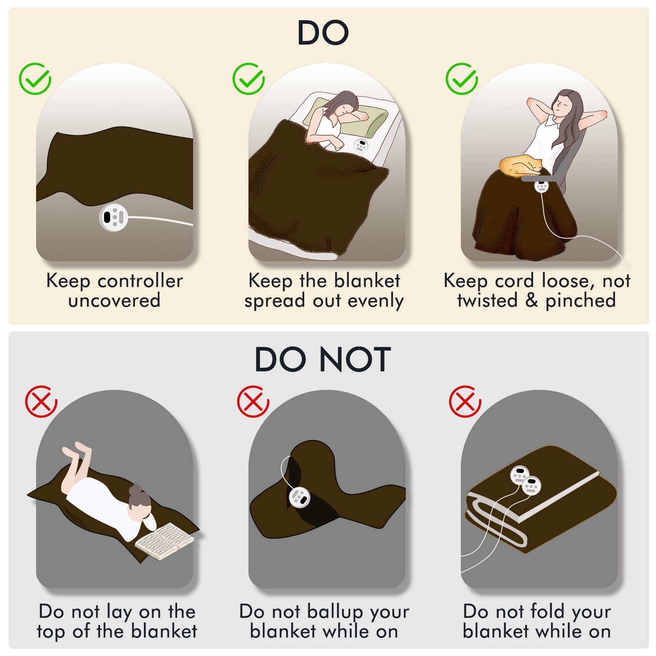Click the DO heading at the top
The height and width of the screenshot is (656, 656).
coord(323,33)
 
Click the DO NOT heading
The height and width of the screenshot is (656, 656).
coord(323,360)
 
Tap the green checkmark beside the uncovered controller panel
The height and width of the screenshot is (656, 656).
coord(35,79)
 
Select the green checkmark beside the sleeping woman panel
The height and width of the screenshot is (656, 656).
coord(248,79)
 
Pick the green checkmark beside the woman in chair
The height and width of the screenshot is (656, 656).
coord(462,79)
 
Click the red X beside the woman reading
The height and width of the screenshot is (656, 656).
coord(41,401)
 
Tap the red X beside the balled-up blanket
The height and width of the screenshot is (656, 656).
coord(253,401)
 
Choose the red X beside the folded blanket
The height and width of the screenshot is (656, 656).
coord(465,401)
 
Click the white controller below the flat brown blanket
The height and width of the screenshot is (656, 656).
coord(114,217)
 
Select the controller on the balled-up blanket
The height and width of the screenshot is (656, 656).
coord(299,497)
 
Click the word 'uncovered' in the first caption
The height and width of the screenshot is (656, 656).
coord(114,301)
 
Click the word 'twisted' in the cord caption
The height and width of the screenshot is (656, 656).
coord(487,300)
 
